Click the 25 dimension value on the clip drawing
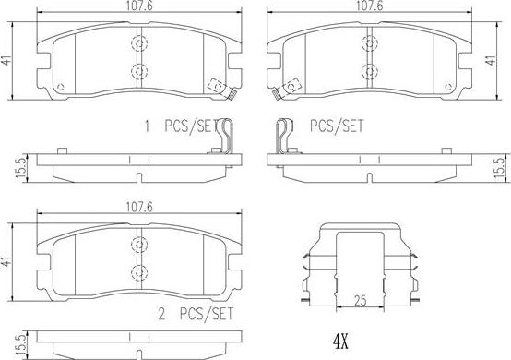tap(360, 300)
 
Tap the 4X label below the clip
tap(340, 342)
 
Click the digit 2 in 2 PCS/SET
tap(161, 314)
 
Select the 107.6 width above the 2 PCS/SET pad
tap(139, 207)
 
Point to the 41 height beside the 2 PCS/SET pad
tap(6, 262)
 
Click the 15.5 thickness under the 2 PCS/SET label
tap(21, 345)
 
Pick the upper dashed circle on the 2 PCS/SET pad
tap(139, 245)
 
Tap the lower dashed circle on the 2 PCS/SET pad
tap(139, 272)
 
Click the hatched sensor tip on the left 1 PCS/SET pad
tap(232, 94)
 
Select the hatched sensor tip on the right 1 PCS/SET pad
tap(277, 94)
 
